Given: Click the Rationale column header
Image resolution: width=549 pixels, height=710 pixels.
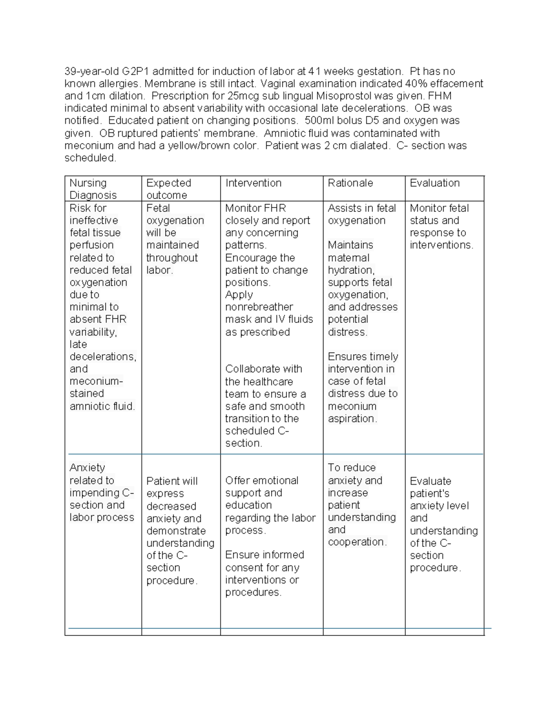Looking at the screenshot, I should click(350, 183).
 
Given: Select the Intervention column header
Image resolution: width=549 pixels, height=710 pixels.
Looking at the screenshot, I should click(253, 183).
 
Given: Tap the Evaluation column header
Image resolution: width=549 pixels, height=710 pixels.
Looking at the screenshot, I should click(434, 183).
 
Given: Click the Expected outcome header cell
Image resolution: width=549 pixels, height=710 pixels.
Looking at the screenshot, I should click(168, 189).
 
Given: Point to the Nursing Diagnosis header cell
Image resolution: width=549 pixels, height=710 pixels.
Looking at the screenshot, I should click(93, 189).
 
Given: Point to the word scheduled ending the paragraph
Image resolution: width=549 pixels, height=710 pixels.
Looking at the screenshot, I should click(90, 158).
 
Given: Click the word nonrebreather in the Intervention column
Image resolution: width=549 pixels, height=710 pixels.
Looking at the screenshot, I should click(259, 307).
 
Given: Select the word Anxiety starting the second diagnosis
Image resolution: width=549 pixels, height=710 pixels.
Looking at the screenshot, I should click(87, 468).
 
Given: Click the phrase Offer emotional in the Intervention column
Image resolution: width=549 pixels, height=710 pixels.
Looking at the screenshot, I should click(262, 480).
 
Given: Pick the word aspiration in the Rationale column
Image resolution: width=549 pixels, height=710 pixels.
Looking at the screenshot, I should click(351, 418).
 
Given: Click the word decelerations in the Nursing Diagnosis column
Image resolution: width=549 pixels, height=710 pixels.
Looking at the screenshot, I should click(102, 357).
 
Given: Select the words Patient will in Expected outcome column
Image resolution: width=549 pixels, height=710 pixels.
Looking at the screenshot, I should click(172, 481).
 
